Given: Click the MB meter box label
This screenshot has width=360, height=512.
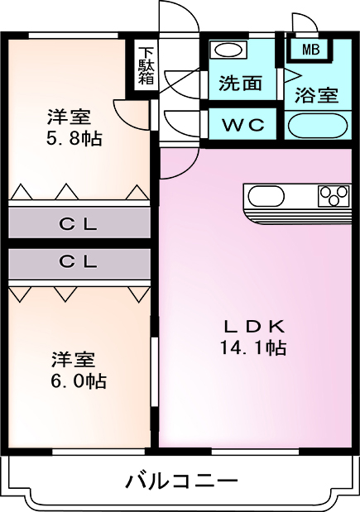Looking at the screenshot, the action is (310, 50).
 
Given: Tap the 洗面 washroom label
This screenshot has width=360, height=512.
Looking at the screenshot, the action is (241, 83).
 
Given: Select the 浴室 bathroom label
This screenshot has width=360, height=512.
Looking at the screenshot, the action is (316, 95).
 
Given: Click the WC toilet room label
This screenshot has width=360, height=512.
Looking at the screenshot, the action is (243, 124).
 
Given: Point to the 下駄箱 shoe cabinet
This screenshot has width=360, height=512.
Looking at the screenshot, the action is (146, 66).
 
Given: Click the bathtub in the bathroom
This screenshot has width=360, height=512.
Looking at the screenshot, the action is (318, 126).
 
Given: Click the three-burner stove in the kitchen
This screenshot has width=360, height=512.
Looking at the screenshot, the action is (334, 196).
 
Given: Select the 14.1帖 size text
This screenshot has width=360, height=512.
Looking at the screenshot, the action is (253, 347).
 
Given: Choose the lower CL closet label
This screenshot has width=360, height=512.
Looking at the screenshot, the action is (78, 261).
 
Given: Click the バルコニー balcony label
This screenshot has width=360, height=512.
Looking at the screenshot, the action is (181, 481).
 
